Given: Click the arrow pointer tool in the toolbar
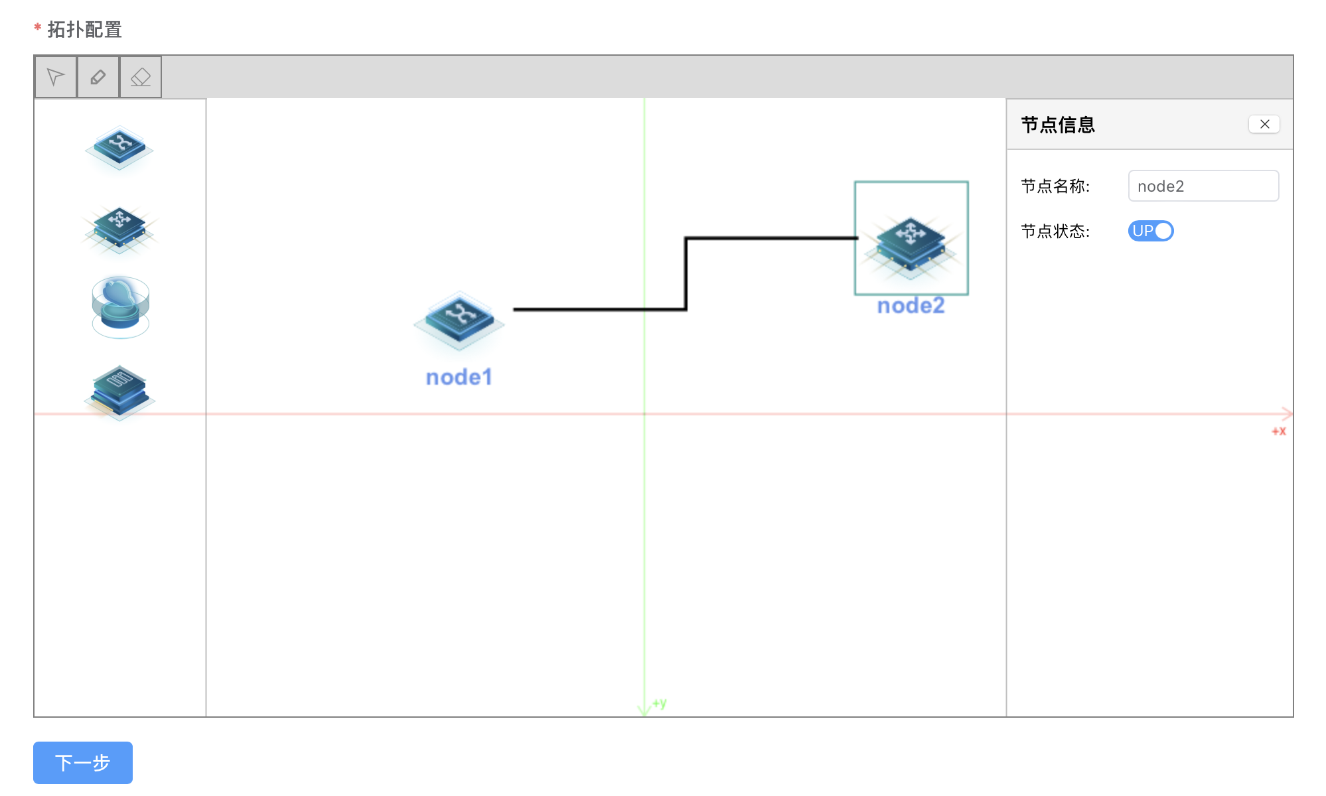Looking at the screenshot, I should (x=56, y=77).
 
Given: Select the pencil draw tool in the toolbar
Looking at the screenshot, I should (x=98, y=77).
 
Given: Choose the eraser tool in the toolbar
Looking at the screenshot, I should (x=141, y=77).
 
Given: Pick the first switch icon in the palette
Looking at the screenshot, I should (x=119, y=147).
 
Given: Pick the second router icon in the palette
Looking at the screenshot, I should (x=119, y=230).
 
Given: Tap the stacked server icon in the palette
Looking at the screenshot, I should (x=119, y=391).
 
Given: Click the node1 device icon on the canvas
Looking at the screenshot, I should (x=459, y=320).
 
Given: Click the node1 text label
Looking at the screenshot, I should (x=459, y=377).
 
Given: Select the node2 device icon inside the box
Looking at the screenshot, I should (x=911, y=242).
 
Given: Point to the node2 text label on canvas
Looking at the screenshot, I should (x=911, y=305).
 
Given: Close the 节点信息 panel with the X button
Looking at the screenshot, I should (x=1264, y=124).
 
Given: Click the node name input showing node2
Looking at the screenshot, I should (x=1203, y=186).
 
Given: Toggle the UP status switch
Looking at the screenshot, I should (x=1151, y=231).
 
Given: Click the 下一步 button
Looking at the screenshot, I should (x=83, y=762).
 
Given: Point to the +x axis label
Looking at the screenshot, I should (x=1279, y=431).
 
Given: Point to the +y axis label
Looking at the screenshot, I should (x=660, y=703).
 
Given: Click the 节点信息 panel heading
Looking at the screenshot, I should (x=1058, y=125).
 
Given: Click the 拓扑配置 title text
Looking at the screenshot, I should (x=84, y=30).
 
